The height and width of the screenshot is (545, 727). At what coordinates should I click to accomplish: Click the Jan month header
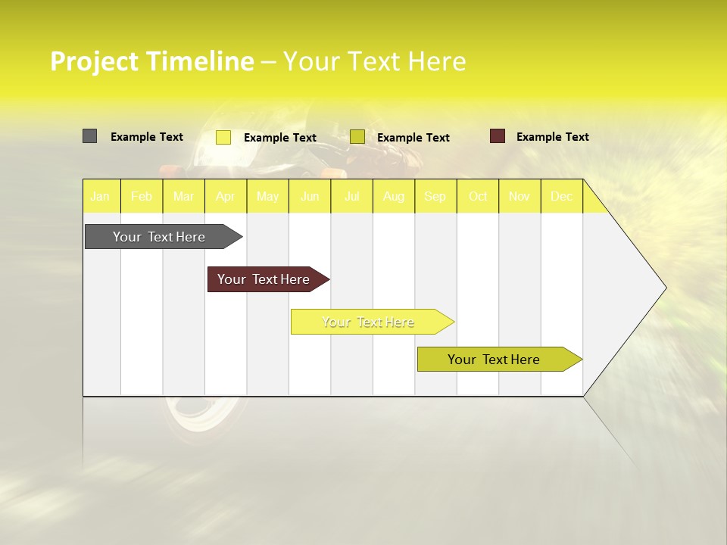click(x=100, y=196)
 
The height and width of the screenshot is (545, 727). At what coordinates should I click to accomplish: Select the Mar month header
click(x=183, y=196)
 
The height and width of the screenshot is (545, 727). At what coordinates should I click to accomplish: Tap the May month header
click(x=267, y=196)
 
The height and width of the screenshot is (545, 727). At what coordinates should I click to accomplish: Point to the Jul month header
click(x=351, y=196)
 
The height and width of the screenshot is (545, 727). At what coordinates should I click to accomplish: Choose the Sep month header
click(x=435, y=196)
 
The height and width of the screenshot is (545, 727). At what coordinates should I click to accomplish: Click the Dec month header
click(x=561, y=196)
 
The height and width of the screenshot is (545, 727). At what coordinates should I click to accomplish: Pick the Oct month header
click(x=478, y=196)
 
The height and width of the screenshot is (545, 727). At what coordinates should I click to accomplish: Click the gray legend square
click(x=89, y=136)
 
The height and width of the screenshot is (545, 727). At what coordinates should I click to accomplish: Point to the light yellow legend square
click(x=223, y=137)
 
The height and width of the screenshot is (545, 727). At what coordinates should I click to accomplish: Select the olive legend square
click(x=357, y=137)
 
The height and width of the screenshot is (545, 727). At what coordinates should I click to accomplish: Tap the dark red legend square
click(x=497, y=136)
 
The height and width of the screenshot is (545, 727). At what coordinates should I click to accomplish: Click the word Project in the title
click(x=94, y=61)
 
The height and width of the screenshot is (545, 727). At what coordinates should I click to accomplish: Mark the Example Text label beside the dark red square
click(x=552, y=137)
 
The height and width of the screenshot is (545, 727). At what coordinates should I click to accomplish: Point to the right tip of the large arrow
click(x=665, y=288)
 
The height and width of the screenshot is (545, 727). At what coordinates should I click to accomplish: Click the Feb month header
click(x=142, y=196)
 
